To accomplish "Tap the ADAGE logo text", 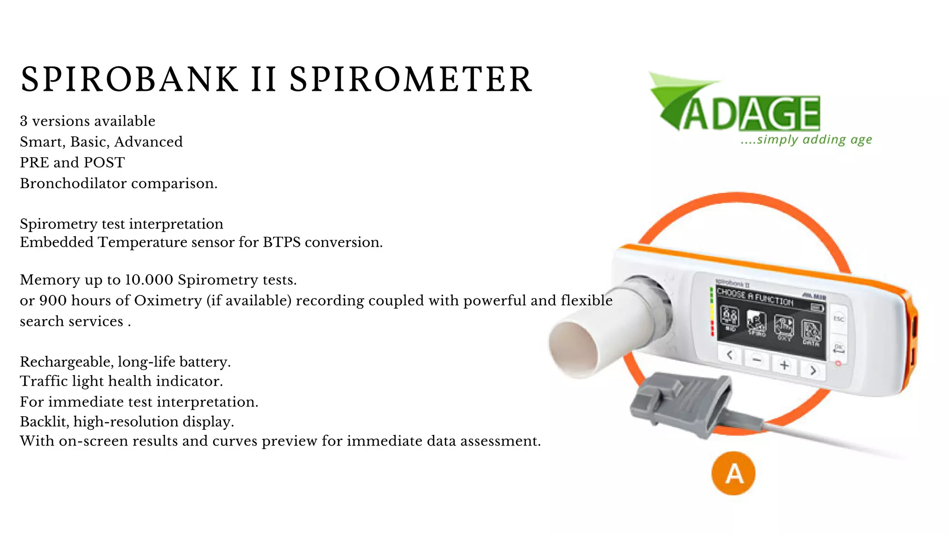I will coord(751,113).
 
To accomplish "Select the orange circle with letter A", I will coord(733,473).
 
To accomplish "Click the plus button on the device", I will coord(784,365).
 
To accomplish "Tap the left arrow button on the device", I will coord(730,356).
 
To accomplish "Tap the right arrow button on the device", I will coord(813,370).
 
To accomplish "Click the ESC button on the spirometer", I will coord(839,318).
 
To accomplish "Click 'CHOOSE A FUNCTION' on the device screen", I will coord(755,297).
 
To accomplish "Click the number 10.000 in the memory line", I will coord(149,280).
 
